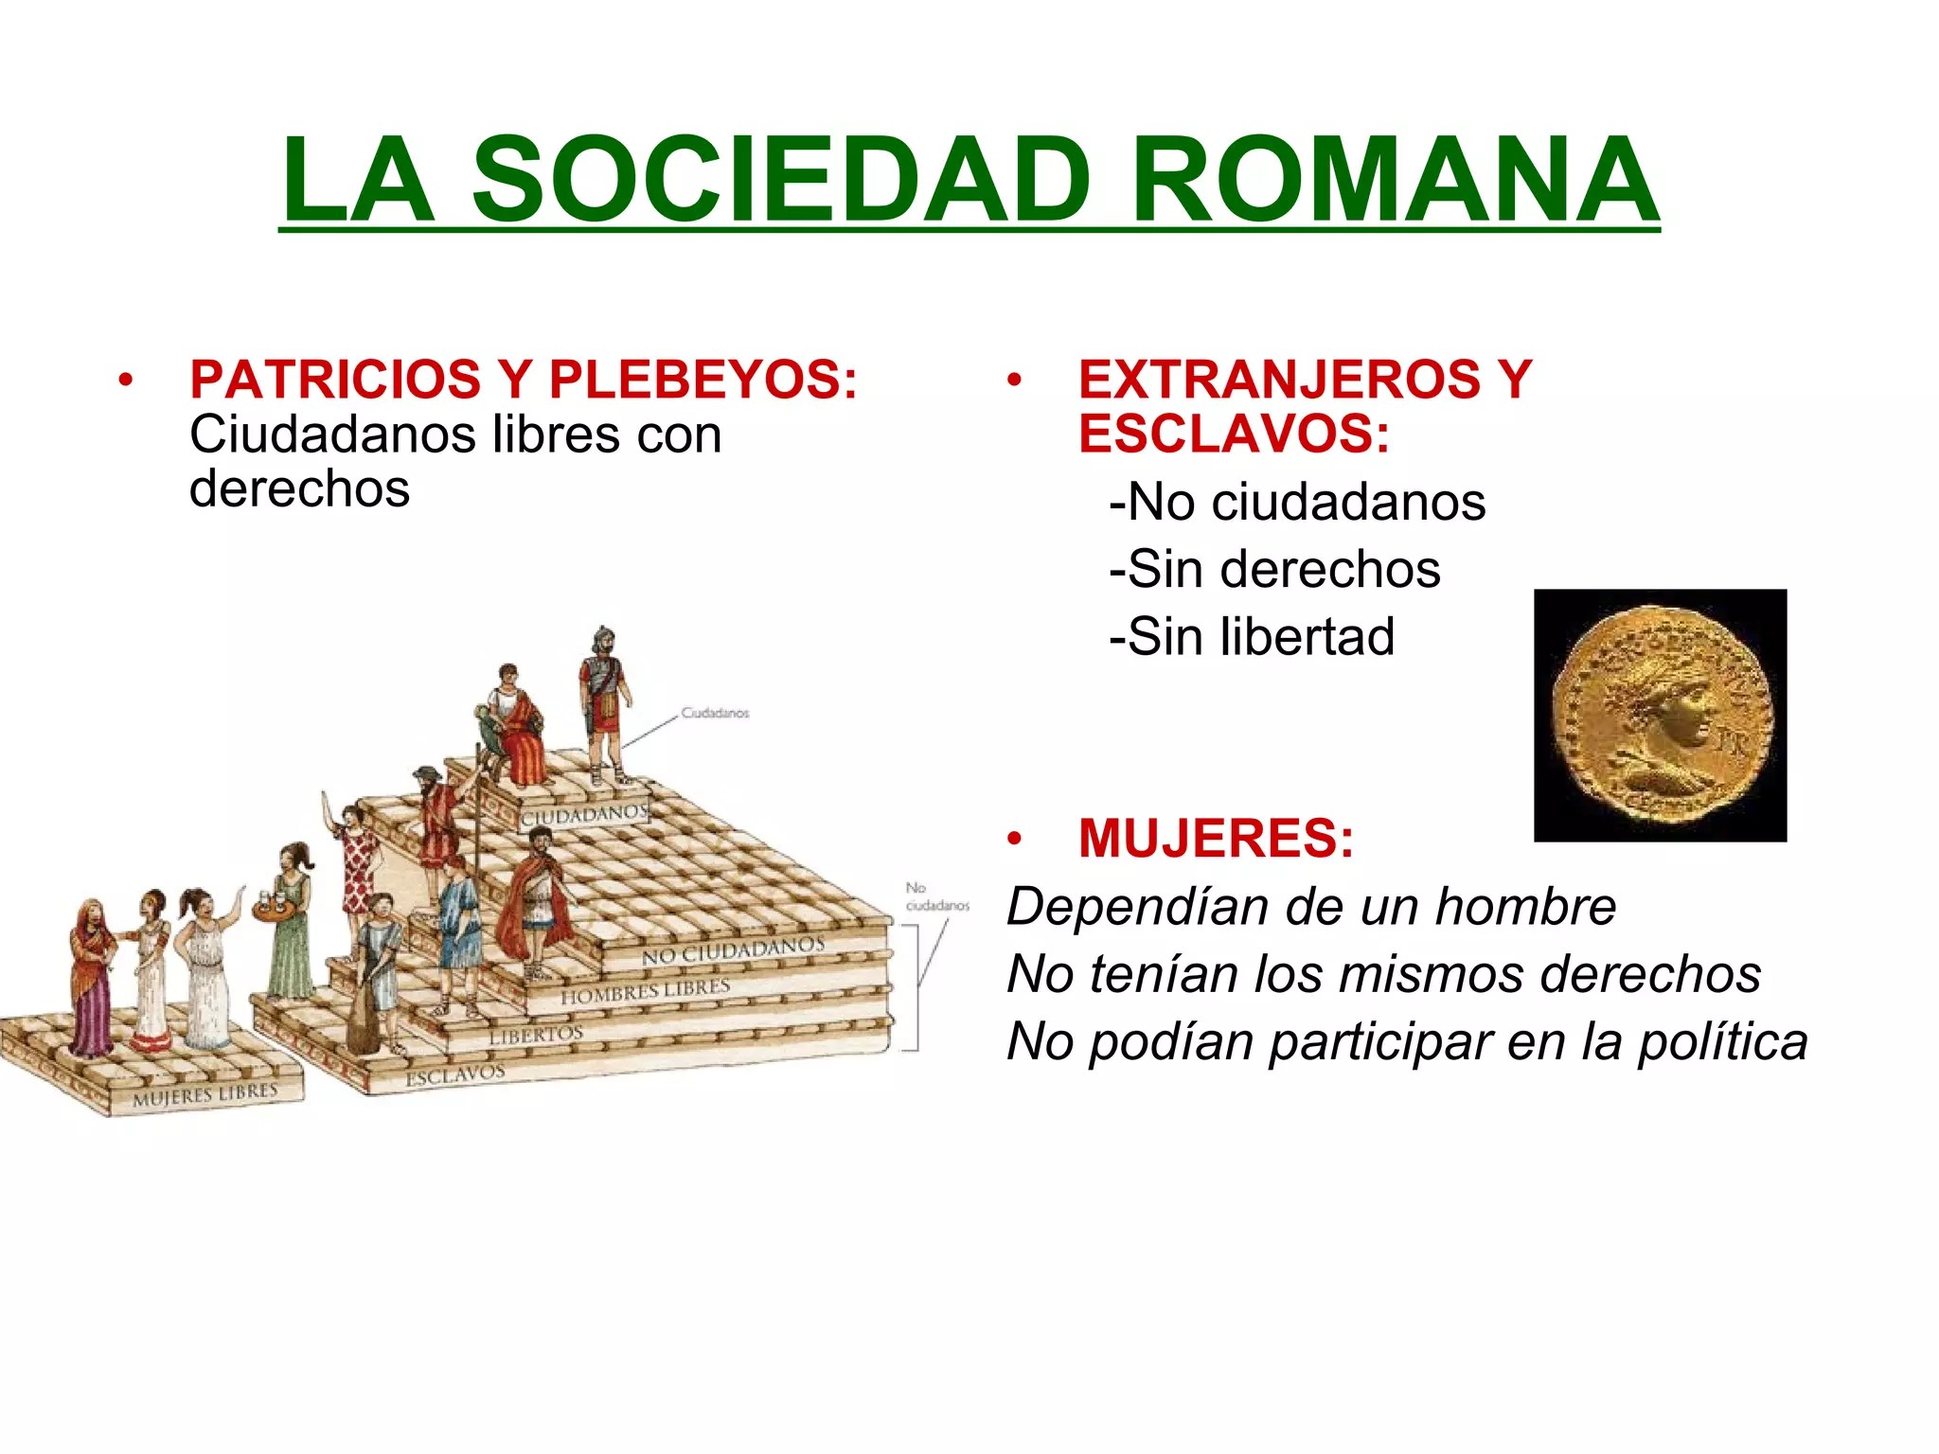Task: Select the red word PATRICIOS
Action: pos(335,380)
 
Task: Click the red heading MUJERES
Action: pos(1216,839)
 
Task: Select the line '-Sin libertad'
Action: pos(1252,636)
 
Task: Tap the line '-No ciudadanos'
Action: pos(1297,502)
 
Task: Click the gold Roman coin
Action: pos(1660,717)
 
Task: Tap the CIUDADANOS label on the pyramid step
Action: pos(584,815)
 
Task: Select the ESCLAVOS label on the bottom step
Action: pos(455,1075)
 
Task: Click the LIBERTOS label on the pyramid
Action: pos(536,1035)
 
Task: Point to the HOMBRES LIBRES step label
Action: pos(646,991)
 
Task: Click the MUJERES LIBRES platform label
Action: pos(205,1095)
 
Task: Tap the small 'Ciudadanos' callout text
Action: pos(715,713)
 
